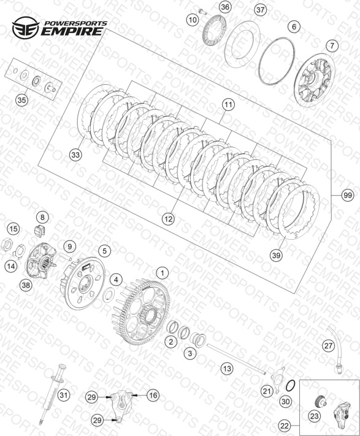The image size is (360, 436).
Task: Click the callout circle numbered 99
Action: pyautogui.click(x=348, y=196)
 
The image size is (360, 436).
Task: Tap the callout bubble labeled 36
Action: pyautogui.click(x=225, y=7)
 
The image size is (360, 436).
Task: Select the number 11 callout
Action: pyautogui.click(x=228, y=104)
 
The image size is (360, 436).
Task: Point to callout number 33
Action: pyautogui.click(x=75, y=155)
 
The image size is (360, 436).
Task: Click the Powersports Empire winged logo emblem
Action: pyautogui.click(x=26, y=28)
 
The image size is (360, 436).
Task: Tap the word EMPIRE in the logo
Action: pyautogui.click(x=72, y=31)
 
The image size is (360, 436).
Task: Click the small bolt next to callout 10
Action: pyautogui.click(x=203, y=12)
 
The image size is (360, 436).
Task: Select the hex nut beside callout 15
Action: pyautogui.click(x=6, y=245)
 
